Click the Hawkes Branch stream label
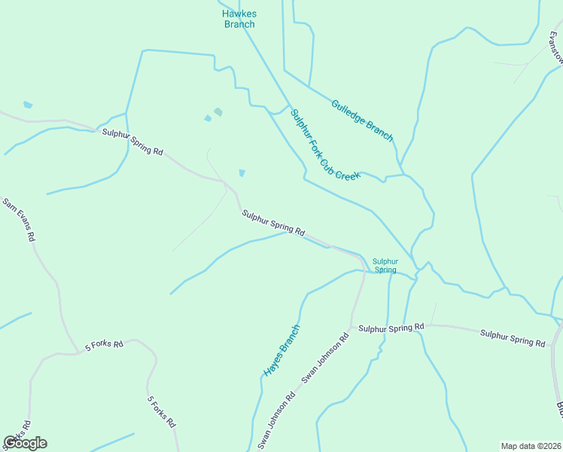point(239,19)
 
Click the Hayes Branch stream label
point(281,350)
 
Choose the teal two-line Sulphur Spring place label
point(385,265)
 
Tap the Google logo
point(25,442)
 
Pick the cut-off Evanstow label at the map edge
point(555,50)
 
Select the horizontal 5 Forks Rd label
point(104,344)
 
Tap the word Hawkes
point(239,14)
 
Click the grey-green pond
point(218,111)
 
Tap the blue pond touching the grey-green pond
point(208,118)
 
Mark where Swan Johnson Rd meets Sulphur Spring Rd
point(351,328)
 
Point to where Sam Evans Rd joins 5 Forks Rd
point(78,351)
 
